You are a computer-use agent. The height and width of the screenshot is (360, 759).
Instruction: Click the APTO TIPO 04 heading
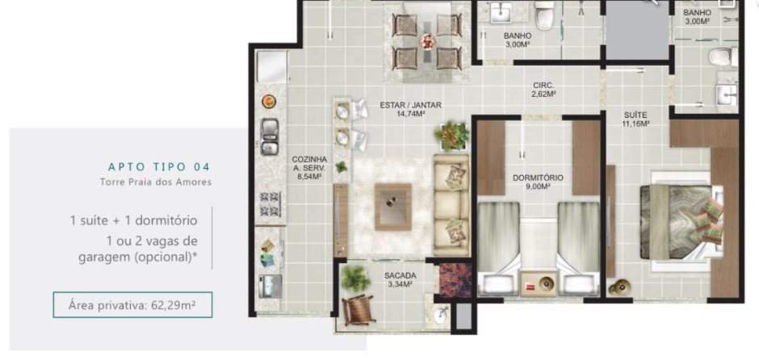coord(159,167)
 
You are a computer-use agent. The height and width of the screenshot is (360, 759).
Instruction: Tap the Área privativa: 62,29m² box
coord(132,305)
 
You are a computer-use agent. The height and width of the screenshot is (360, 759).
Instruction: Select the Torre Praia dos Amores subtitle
coord(155,182)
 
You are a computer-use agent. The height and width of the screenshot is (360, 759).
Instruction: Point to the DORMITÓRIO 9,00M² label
coord(538,181)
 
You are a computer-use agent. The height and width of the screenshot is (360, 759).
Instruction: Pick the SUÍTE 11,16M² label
coord(635,119)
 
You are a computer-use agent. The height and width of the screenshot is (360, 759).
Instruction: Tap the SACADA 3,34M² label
coord(400,279)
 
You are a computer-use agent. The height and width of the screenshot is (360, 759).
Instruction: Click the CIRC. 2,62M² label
coord(543,90)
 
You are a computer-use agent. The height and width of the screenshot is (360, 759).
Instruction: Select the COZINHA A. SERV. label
coord(309,167)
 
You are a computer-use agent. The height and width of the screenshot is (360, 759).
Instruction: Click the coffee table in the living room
coord(393,207)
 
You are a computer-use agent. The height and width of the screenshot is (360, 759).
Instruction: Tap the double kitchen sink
coord(270,136)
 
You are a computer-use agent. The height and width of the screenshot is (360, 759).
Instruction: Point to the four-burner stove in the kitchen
coord(270,203)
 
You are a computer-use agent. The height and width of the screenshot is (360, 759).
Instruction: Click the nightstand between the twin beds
coord(539,283)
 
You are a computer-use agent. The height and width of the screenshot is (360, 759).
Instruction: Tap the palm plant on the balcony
coord(355,278)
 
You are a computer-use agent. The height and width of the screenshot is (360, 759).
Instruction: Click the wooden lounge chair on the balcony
coord(359,310)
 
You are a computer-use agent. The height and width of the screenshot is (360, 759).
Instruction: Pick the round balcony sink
coord(441,317)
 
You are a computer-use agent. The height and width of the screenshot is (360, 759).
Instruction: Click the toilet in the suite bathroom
coord(723,57)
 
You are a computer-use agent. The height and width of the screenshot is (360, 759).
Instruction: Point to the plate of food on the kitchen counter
coord(269,101)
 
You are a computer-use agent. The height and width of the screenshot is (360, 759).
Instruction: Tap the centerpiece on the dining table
coord(427,42)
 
